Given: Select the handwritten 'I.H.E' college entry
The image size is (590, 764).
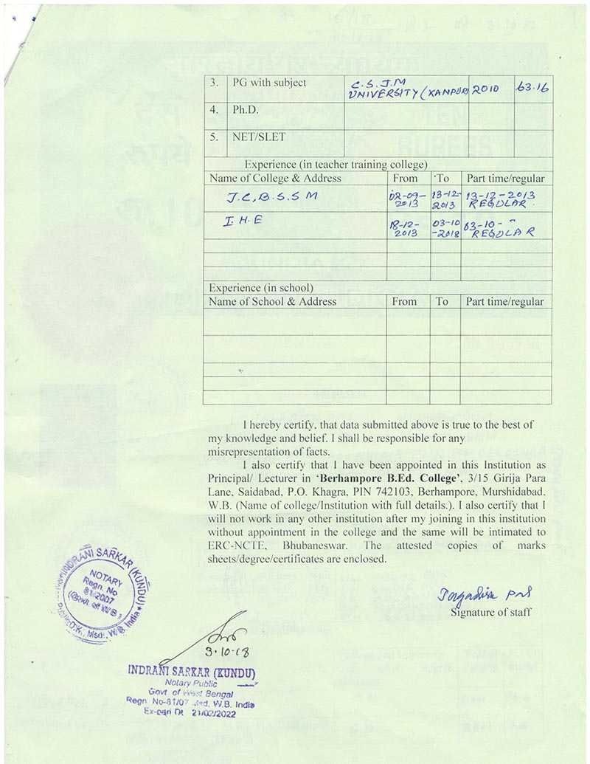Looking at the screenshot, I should (x=240, y=220).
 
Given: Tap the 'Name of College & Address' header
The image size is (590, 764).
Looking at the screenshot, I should (x=275, y=178).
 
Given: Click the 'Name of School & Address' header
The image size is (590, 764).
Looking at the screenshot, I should (x=273, y=301).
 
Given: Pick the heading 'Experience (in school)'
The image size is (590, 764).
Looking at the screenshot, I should (x=262, y=287).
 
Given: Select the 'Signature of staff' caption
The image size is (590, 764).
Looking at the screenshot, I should (x=490, y=612).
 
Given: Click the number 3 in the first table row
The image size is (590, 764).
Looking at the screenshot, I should (x=214, y=83).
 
